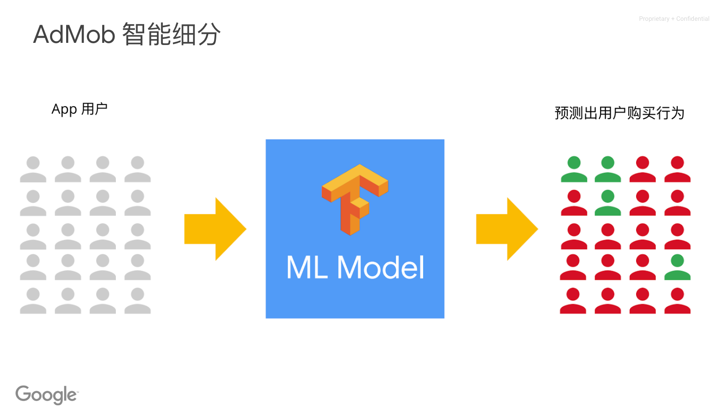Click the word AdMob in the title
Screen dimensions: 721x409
(74, 34)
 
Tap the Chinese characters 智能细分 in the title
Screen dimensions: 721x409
(171, 34)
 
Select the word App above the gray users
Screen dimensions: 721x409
(64, 110)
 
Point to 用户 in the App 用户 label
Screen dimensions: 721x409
(94, 109)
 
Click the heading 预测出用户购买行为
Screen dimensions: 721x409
(620, 113)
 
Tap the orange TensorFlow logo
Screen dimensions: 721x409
(355, 200)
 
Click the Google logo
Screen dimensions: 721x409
(47, 395)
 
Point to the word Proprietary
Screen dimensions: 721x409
(654, 19)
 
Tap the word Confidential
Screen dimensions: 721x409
(693, 19)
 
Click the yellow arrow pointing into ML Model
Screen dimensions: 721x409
(215, 229)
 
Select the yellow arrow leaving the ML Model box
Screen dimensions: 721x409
(507, 229)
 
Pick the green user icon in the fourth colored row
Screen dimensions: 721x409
(678, 267)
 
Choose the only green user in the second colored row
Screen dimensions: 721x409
(608, 202)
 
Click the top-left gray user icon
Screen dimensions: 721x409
(33, 169)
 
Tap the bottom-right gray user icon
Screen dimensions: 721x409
(137, 300)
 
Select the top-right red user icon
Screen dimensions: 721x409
(678, 169)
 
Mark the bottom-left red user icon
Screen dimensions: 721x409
(573, 300)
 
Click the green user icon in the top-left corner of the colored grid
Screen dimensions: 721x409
(574, 169)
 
